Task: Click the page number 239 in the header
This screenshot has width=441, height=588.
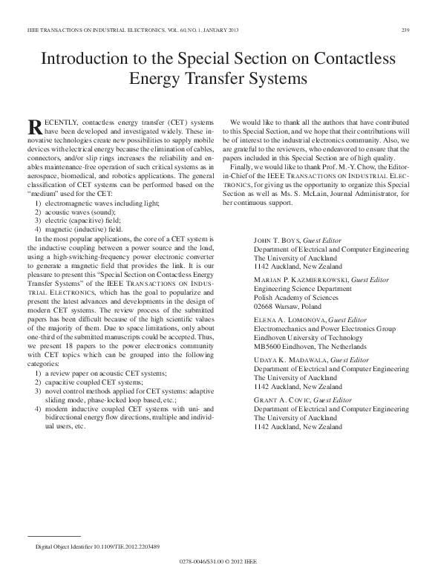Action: [x=405, y=30]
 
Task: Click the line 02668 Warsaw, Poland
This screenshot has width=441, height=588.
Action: [x=290, y=326]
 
